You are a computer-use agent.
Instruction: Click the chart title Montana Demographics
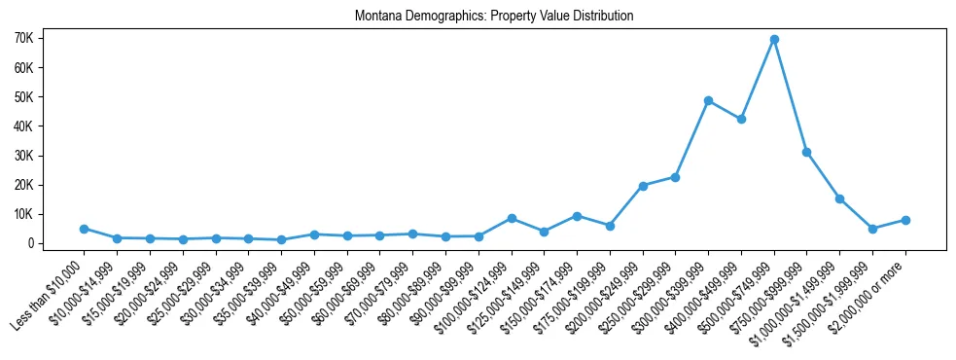click(494, 17)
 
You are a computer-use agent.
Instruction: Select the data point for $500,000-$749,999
click(774, 40)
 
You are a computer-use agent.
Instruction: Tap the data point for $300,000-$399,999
click(708, 100)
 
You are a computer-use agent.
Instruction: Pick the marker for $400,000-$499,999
click(741, 119)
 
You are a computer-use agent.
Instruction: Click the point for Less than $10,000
click(85, 229)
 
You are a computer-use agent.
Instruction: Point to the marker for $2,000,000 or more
click(905, 220)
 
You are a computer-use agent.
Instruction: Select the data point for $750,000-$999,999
click(806, 152)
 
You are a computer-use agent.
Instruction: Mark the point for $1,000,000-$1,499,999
click(839, 198)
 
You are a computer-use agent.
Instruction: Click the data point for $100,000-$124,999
click(512, 218)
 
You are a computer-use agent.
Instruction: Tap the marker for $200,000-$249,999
click(643, 186)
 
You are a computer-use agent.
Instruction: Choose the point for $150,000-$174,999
click(577, 216)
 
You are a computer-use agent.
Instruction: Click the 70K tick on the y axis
click(50, 38)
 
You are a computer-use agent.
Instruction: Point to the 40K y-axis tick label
click(50, 126)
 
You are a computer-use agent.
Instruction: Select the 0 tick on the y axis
click(57, 243)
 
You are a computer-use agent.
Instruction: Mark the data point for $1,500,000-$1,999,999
click(872, 229)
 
